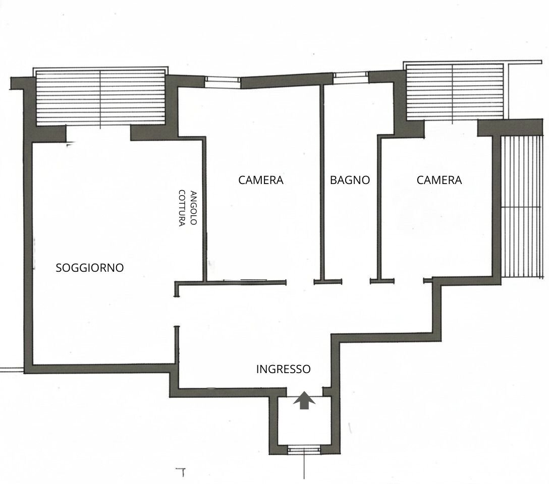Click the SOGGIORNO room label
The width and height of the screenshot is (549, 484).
point(90,268)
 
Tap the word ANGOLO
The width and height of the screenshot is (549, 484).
point(194,207)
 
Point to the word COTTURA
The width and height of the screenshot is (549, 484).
point(182,208)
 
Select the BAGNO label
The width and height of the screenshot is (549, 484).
point(350,180)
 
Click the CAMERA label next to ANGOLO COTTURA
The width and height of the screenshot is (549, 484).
point(260,180)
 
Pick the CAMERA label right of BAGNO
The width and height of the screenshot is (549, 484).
point(439,180)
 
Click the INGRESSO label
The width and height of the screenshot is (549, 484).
point(283,369)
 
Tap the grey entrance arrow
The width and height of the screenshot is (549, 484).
point(304,400)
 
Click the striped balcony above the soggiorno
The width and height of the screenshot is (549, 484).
point(100,97)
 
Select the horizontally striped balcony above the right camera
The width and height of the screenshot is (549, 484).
point(454,92)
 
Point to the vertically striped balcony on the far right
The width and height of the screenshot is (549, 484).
point(521,206)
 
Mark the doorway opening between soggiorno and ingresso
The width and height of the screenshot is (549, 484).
point(177,311)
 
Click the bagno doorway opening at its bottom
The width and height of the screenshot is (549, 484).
point(356,281)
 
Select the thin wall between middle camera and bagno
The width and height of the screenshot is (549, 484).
point(322,182)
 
